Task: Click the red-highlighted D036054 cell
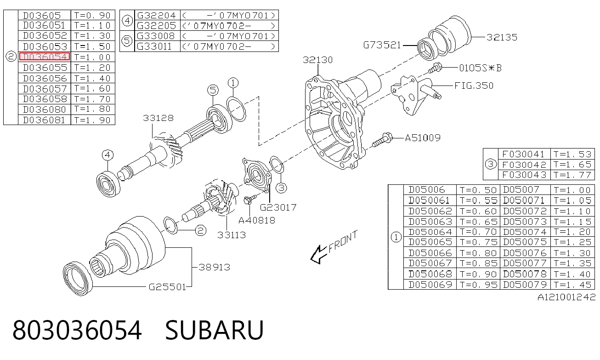coord(45,57)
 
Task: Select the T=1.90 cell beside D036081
coord(93,120)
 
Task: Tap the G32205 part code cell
coord(157,26)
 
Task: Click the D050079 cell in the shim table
coord(525,285)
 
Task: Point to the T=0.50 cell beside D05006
coord(478,190)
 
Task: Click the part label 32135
coord(502,37)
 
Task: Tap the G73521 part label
coord(382,45)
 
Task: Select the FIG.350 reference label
coord(474,86)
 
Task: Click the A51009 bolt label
coord(423,138)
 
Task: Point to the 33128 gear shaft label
coord(158,118)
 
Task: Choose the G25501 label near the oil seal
coord(167,287)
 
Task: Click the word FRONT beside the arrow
coord(343,241)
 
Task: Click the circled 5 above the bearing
coord(213,90)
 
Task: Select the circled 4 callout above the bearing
coord(108,155)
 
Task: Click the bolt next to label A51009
coord(382,141)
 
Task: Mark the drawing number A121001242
coord(566,297)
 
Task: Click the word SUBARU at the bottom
coord(214,330)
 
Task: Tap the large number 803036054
coord(77,330)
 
